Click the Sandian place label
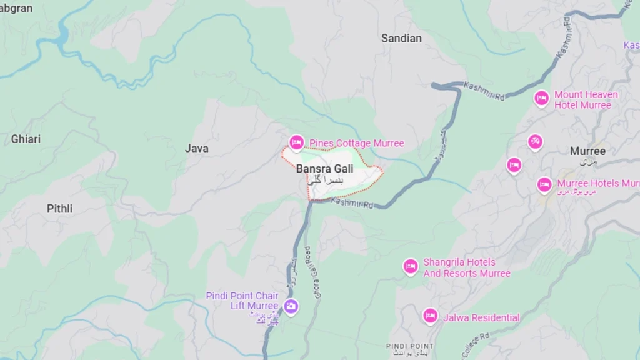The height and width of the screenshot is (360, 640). pos(401,38)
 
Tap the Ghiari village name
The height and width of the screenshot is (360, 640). pos(26,139)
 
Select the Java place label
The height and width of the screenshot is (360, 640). pos(197,148)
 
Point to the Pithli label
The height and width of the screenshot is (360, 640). pos(59,209)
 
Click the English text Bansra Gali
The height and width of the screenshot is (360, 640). pos(324,169)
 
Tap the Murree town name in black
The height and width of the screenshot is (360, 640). pos(587,151)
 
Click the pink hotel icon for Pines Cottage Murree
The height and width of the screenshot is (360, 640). pos(297,143)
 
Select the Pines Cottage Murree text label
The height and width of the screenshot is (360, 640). pos(357,143)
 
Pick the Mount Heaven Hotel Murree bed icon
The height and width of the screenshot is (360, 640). pos(541,98)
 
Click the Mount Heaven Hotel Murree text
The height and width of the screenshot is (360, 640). pos(586,100)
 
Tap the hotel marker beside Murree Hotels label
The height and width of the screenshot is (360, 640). pos(544,184)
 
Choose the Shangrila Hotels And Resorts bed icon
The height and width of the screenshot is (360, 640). pos(411,267)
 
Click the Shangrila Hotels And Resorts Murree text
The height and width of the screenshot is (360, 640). pos(466,268)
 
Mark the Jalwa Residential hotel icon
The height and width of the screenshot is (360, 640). pos(430,316)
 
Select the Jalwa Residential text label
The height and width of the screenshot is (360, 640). pos(481,317)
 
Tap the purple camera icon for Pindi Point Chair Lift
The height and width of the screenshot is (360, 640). pos(291,306)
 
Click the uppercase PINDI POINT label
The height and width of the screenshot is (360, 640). pos(409,346)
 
